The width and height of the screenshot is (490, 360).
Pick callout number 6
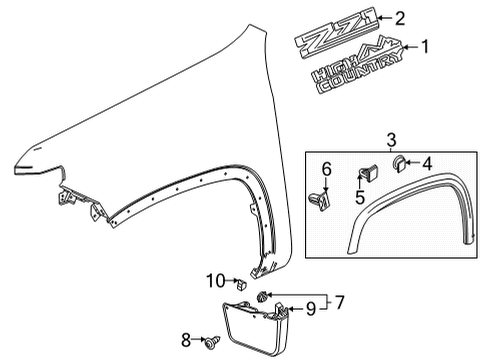(326, 170)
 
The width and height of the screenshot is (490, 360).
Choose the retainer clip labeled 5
(365, 177)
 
